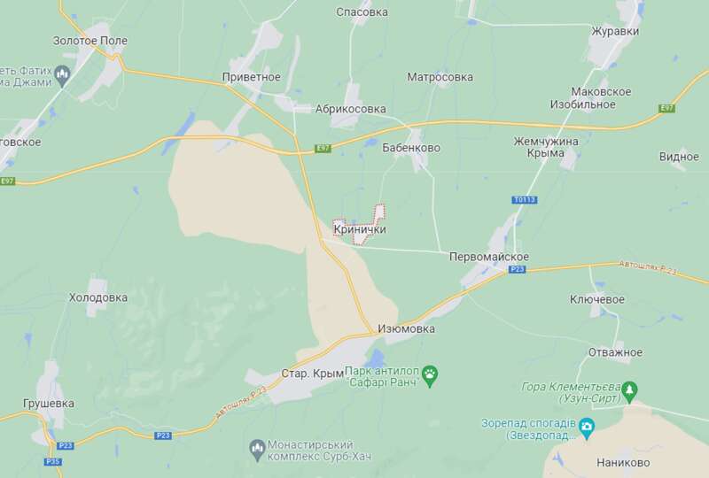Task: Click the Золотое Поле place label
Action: pos(90,41)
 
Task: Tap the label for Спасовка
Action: pos(362,12)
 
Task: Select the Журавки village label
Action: pos(615,31)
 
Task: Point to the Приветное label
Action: pos(252,77)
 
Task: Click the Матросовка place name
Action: pos(440,77)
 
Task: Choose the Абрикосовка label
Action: pos(351,109)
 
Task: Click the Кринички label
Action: pos(360,229)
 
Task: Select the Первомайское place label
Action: pos(489,256)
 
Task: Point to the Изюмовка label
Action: pos(406,328)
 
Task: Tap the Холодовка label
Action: pos(98,297)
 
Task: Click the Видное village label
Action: pos(679,157)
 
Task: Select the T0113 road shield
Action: pos(525,200)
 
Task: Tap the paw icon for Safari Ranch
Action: pos(430,373)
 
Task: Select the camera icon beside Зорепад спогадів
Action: pos(587,428)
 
